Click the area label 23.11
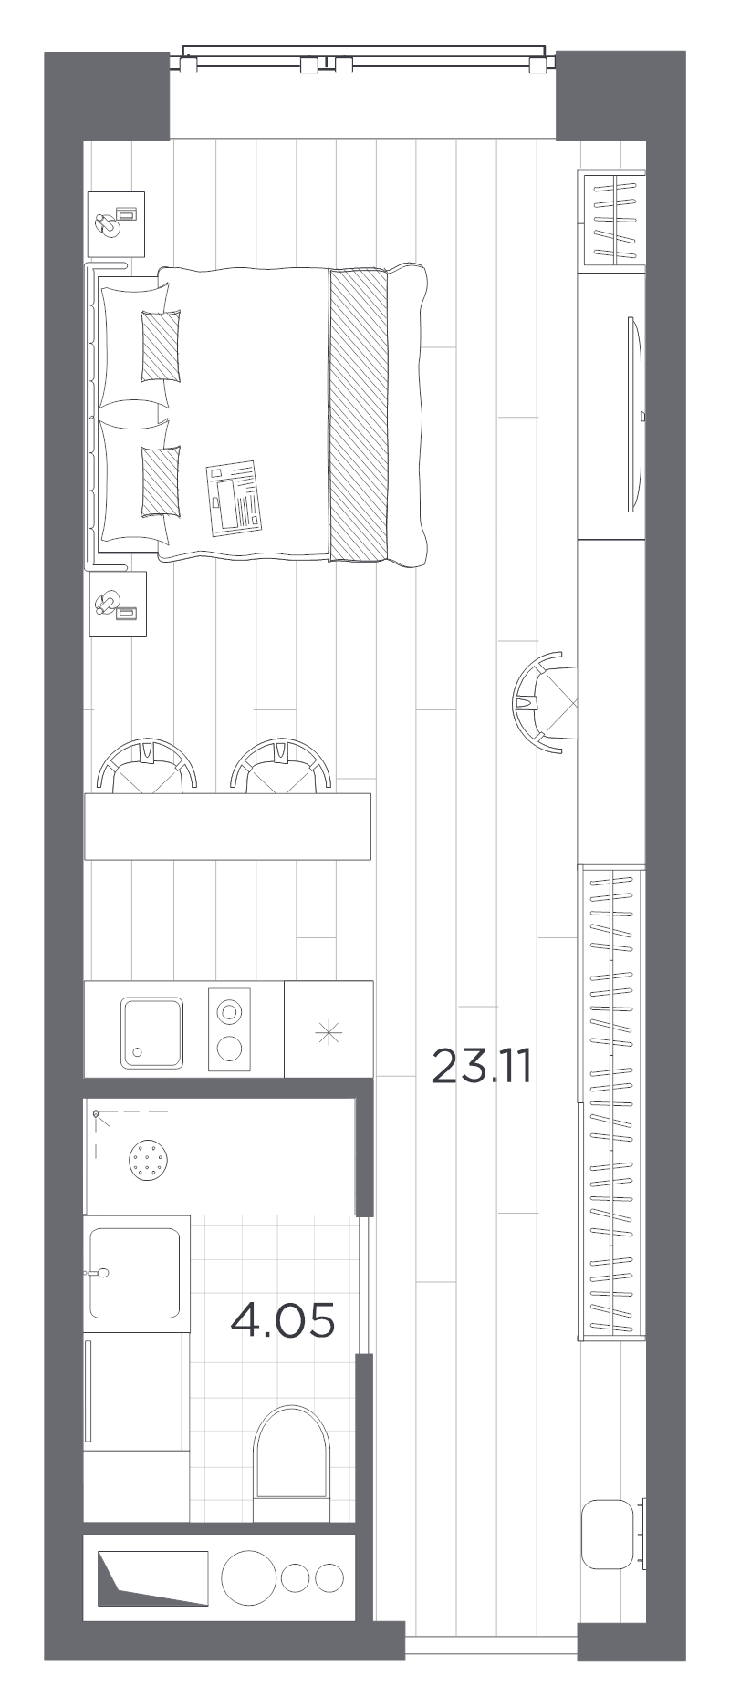[481, 1065]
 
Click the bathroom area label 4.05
[283, 1319]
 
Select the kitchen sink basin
[152, 1033]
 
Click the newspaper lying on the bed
[235, 498]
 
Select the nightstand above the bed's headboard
[117, 223]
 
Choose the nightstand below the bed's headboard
[118, 604]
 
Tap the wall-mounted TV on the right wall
[635, 415]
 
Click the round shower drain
[149, 1161]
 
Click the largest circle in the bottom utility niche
[248, 1579]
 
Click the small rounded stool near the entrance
[608, 1535]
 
